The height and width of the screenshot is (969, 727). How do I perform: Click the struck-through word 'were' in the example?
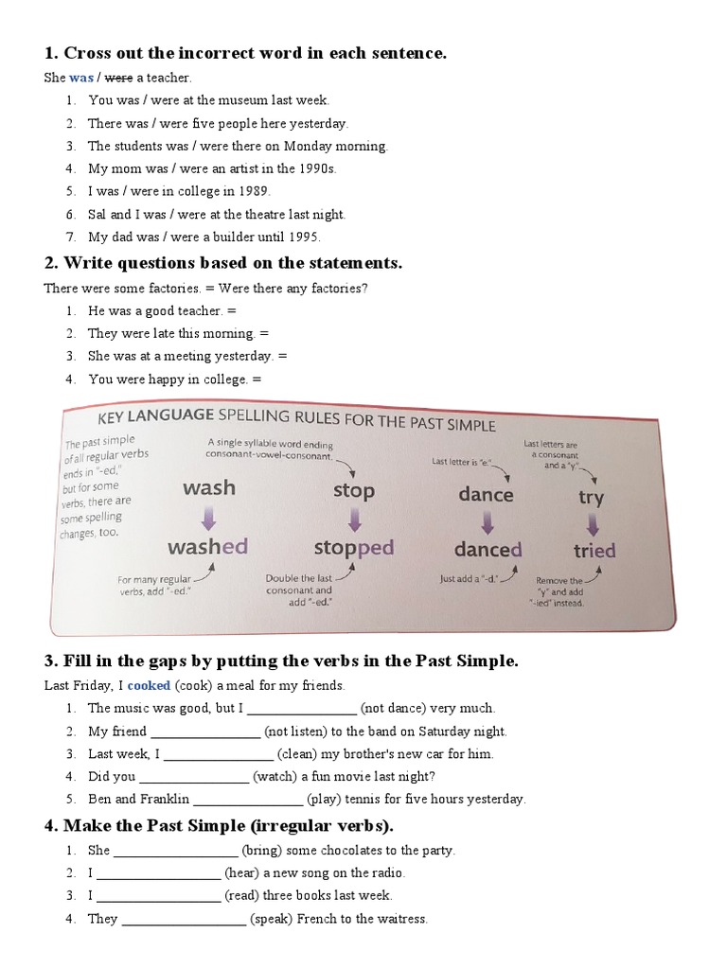click(x=117, y=78)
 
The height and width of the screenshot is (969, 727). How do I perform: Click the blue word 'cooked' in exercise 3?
click(x=149, y=685)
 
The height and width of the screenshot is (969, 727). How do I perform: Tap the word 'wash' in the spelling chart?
click(x=209, y=487)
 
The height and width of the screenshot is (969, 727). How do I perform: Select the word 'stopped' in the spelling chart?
click(x=353, y=548)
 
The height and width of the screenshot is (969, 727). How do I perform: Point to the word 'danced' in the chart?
click(x=488, y=550)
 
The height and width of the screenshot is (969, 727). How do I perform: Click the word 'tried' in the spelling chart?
click(x=594, y=551)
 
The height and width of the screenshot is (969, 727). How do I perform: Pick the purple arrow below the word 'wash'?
click(x=209, y=517)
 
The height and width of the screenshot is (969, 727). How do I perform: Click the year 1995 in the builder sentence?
click(x=304, y=238)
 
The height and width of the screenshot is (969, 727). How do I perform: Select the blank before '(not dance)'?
click(x=301, y=709)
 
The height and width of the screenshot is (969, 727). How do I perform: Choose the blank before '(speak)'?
click(x=184, y=919)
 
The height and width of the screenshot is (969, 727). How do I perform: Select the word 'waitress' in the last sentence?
click(x=401, y=919)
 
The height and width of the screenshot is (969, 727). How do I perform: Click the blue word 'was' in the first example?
click(x=80, y=78)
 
